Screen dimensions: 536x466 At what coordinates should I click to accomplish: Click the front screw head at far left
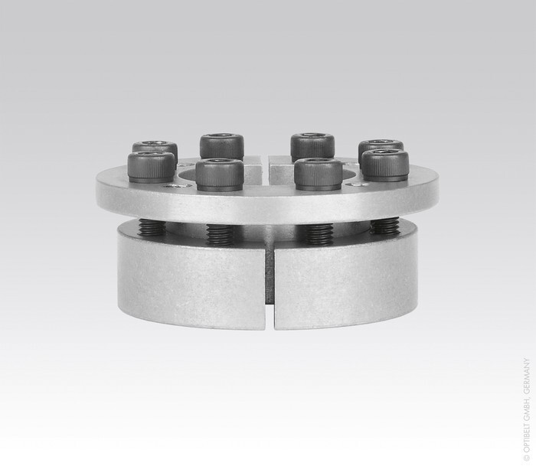coord(151,167)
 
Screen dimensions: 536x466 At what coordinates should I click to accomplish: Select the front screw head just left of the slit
coord(220,174)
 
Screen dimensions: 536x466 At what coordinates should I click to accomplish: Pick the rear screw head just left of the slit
coord(222,147)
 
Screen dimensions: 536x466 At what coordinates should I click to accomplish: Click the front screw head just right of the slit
coord(319,174)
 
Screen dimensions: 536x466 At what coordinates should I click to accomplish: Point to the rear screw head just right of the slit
coord(312,147)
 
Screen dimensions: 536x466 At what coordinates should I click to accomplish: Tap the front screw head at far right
coord(385,165)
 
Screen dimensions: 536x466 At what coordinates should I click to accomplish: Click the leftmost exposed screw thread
coord(152,226)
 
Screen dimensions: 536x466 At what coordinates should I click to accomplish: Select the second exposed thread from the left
coord(221,234)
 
